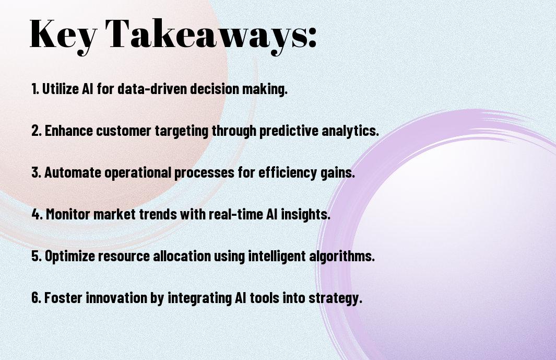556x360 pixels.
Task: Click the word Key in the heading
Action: tap(63, 35)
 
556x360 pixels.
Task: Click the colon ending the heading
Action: tap(312, 38)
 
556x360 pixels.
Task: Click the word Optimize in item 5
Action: tap(70, 257)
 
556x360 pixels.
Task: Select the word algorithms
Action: tap(342, 257)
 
